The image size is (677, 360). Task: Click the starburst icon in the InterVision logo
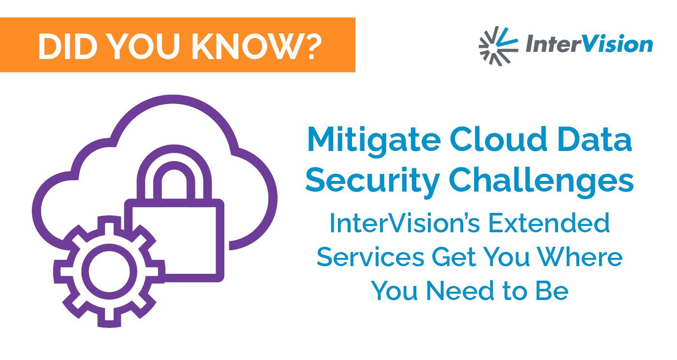[498, 46]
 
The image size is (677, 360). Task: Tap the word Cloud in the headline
[499, 139]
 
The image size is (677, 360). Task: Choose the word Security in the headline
[372, 182]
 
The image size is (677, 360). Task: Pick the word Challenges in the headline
[541, 182]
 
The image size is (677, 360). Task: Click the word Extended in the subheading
[549, 223]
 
